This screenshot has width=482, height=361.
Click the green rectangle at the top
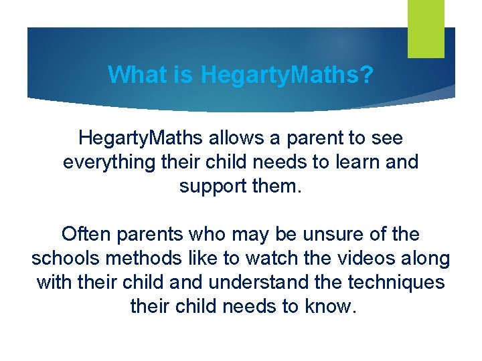426,29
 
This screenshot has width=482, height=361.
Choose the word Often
87,235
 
